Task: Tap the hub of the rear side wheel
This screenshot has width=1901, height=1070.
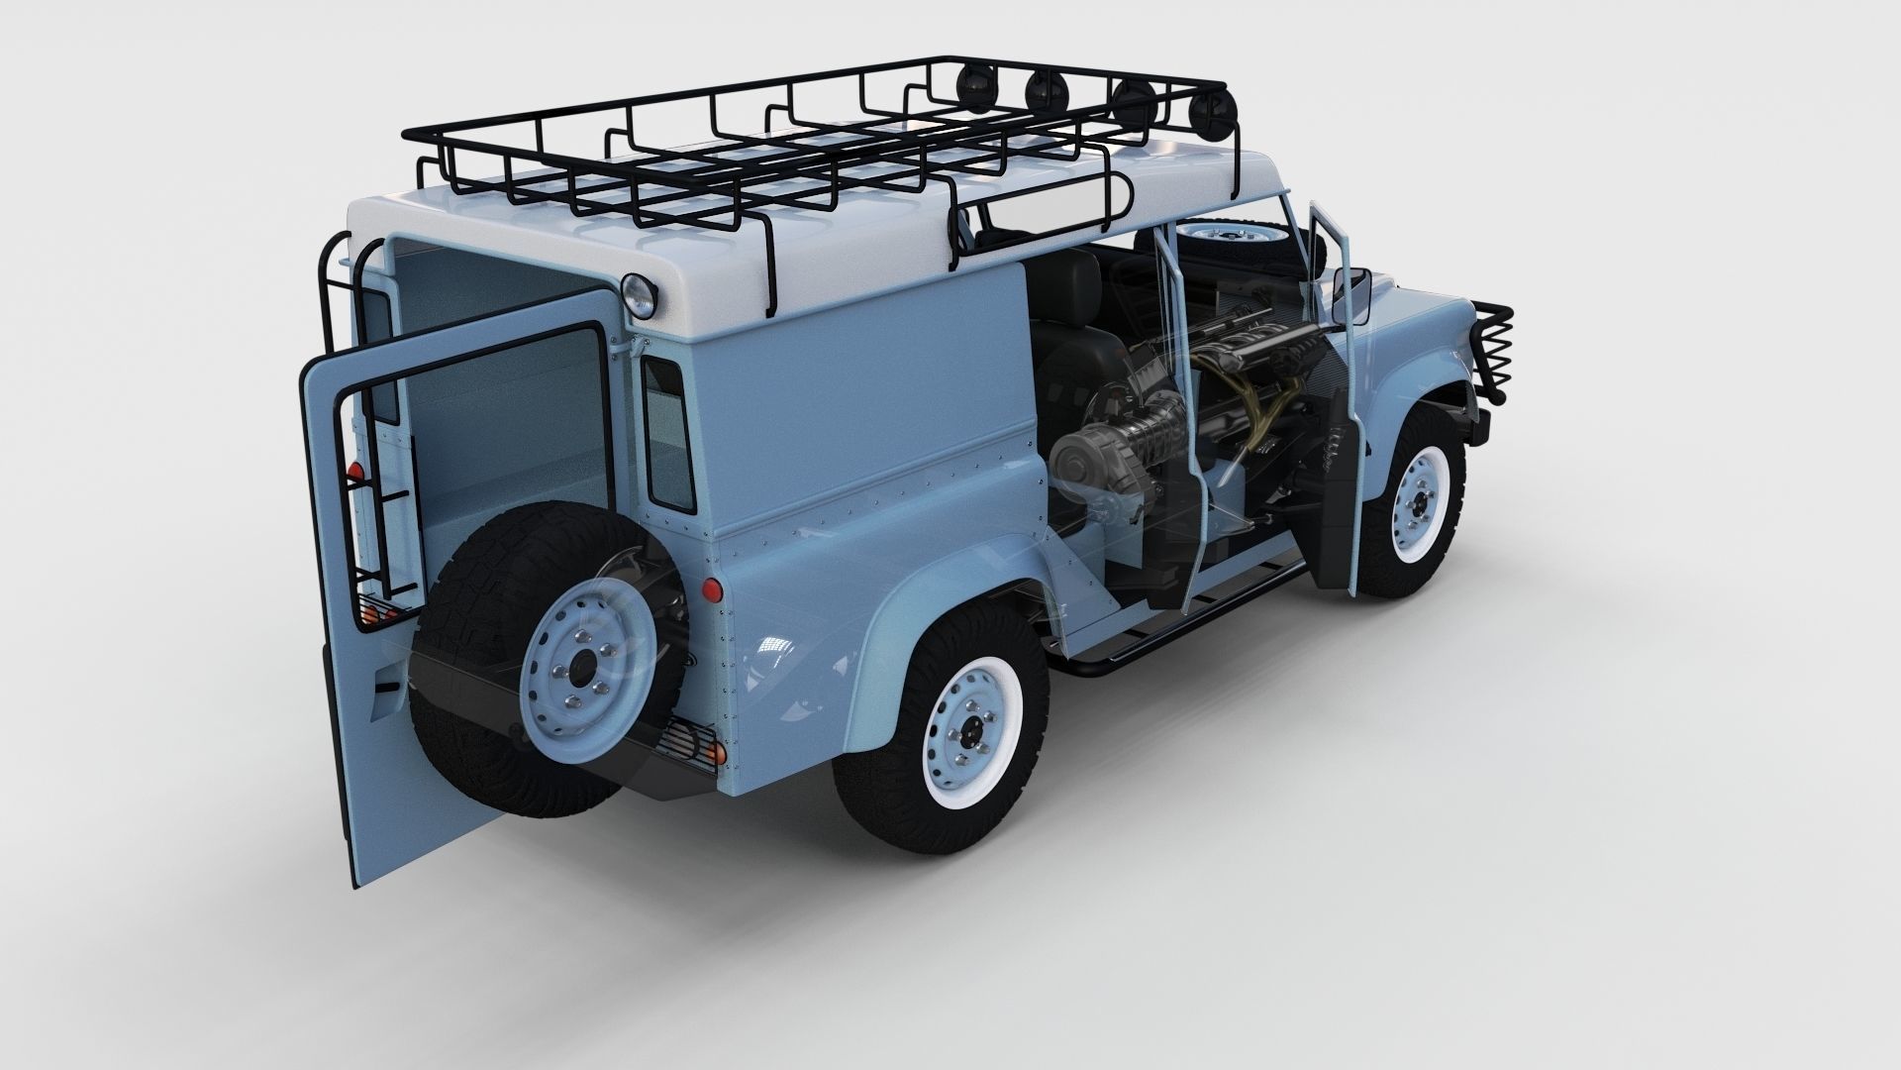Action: [962, 733]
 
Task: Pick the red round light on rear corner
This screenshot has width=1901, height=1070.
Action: [709, 590]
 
